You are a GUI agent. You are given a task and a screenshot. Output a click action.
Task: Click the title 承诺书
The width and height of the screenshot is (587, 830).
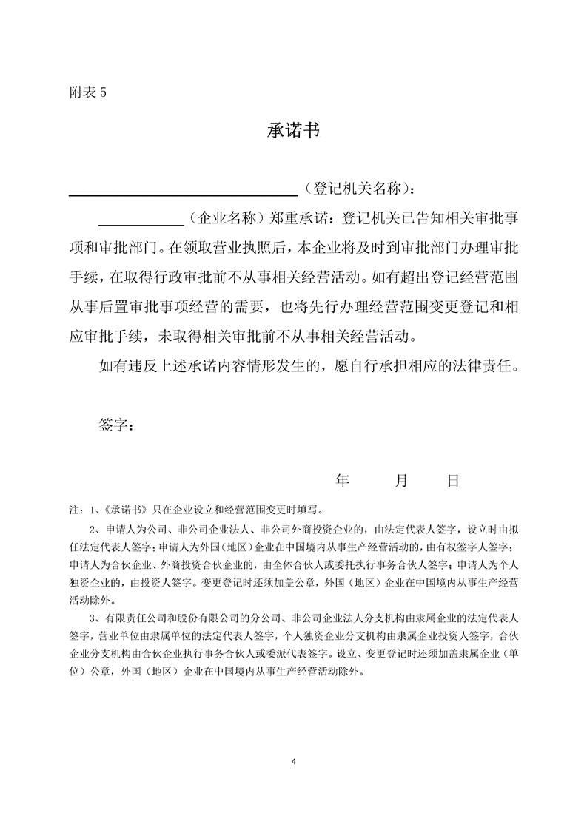point(292,132)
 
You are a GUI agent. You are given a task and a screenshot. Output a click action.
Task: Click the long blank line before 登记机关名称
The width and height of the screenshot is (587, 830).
point(183,194)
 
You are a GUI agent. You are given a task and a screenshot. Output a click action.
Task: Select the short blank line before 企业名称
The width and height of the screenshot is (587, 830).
point(141,222)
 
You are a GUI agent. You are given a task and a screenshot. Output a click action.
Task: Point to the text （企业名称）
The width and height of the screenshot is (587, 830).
point(222,218)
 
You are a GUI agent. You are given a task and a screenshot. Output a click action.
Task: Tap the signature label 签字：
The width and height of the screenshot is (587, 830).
point(116,425)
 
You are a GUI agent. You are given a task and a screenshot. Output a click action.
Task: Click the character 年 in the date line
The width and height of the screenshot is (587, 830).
point(342,481)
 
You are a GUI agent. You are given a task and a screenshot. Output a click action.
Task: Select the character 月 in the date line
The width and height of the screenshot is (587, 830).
point(401,481)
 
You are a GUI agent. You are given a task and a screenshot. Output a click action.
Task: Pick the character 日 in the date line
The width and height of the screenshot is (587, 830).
point(453,481)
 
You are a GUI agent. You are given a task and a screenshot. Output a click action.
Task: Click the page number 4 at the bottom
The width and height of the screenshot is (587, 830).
point(294,760)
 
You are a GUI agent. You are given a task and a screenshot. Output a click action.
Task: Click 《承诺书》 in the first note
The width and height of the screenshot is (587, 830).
point(124,510)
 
